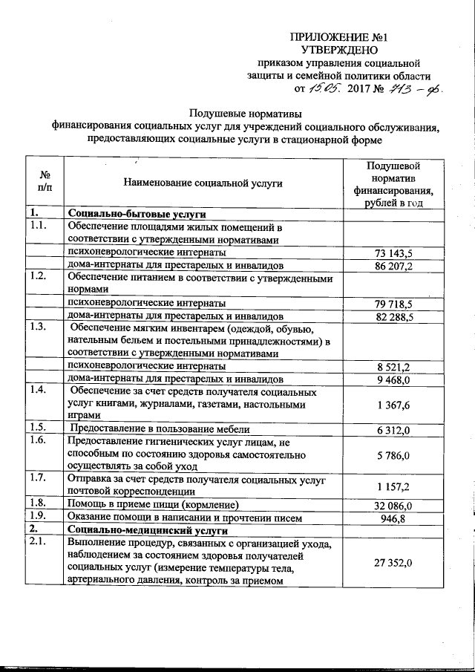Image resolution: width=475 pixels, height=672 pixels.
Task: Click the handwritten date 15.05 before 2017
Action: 325,89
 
